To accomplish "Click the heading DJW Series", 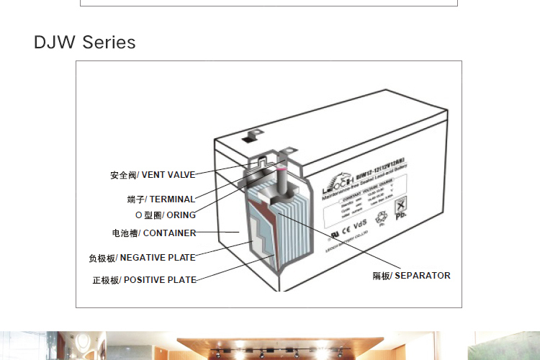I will pyautogui.click(x=84, y=42).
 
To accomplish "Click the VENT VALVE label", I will pyautogui.click(x=168, y=175).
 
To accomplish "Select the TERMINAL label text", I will pyautogui.click(x=171, y=199).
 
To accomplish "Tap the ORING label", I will pyautogui.click(x=181, y=215).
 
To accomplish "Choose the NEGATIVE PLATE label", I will pyautogui.click(x=156, y=258).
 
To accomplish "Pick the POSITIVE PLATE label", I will pyautogui.click(x=160, y=280).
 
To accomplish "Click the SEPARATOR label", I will pyautogui.click(x=422, y=276).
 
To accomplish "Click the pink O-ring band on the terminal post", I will pyautogui.click(x=282, y=168).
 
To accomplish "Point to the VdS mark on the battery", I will pyautogui.click(x=360, y=225).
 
